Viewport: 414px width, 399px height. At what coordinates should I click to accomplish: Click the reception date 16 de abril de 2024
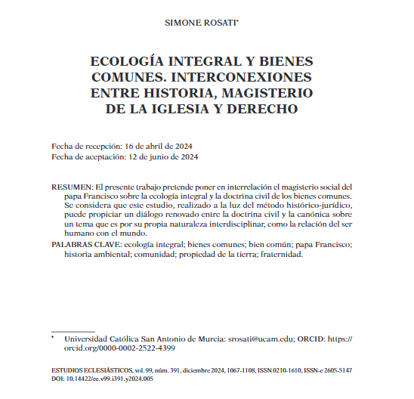(x=160, y=144)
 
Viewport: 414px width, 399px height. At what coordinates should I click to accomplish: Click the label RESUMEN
(x=72, y=186)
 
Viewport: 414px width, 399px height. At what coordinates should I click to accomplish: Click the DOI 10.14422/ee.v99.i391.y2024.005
(x=113, y=380)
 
